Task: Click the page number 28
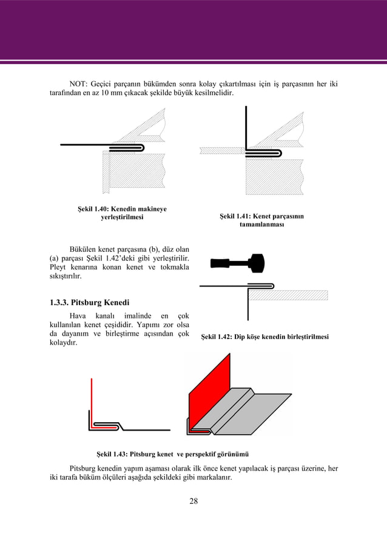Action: click(193, 500)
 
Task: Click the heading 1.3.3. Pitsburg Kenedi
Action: click(89, 302)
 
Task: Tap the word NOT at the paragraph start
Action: click(78, 83)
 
